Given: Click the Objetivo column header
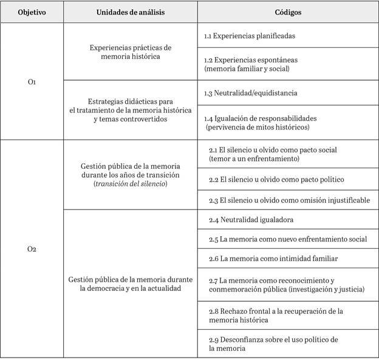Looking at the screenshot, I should (32, 12).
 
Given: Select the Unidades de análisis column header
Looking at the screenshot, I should (129, 12).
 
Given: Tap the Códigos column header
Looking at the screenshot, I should (287, 12).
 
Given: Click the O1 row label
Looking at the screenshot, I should (32, 81).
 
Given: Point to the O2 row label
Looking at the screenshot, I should (32, 249).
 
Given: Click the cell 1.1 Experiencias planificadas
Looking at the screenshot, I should (250, 36).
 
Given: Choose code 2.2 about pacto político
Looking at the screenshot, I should (276, 180).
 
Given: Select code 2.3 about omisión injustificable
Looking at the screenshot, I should (289, 200).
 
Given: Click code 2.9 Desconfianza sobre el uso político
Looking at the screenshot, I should (273, 344).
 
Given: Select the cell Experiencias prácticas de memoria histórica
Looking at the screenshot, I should (130, 52).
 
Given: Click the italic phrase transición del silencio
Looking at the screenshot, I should (131, 184).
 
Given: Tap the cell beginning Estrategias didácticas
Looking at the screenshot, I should (130, 109).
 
